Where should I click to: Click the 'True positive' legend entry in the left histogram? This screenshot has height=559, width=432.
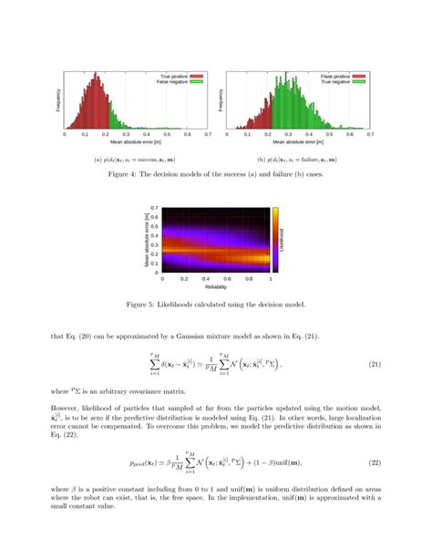point(174,77)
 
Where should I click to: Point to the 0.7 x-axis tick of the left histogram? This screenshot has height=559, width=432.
point(207,134)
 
